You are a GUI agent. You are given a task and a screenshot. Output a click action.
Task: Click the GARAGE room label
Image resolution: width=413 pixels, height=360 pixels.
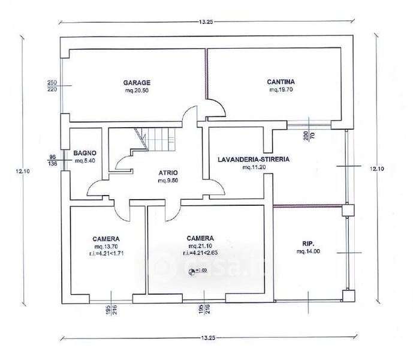tap(137, 82)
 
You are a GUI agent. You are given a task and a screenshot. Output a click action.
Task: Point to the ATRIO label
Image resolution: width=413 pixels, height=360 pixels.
tap(167, 172)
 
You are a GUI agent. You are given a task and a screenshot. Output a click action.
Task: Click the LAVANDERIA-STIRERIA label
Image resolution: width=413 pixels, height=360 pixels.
tap(254, 160)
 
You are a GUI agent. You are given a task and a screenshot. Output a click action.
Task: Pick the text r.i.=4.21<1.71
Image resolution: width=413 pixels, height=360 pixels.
tap(107, 254)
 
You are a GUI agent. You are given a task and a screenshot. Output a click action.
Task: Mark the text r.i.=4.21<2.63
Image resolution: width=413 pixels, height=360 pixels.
tap(201, 253)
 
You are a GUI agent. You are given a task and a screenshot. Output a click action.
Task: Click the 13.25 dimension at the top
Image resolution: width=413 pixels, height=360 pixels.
tap(206, 21)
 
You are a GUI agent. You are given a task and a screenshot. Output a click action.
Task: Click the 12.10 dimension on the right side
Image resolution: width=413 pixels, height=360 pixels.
tap(377, 169)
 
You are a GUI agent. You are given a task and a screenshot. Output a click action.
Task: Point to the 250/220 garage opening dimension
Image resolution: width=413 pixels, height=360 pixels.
tap(52, 85)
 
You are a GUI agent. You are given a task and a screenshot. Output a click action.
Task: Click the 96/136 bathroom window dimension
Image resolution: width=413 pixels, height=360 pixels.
tap(53, 160)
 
